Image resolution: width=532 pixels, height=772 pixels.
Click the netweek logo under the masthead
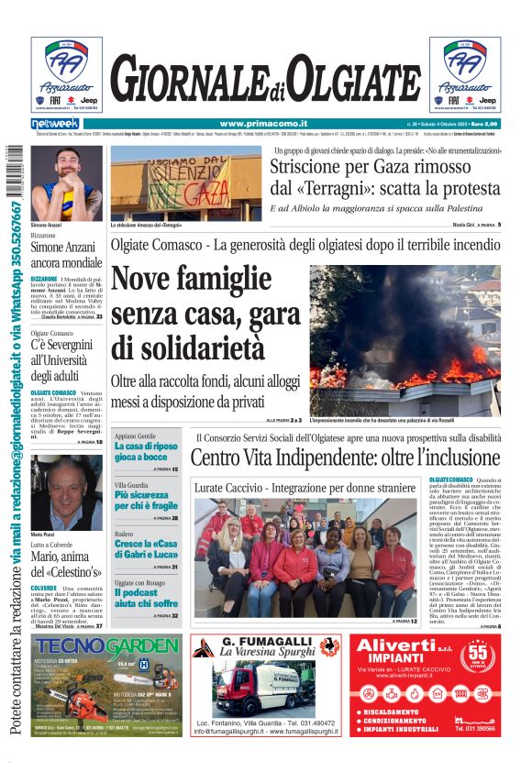tap(55, 124)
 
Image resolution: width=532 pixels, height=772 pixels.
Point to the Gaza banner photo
tap(185, 182)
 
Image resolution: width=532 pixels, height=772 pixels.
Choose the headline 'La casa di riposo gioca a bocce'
tap(146, 451)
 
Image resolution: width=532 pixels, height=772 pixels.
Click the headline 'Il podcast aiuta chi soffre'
tap(146, 598)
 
